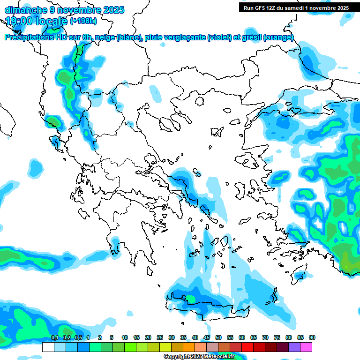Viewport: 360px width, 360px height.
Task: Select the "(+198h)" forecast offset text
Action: (83, 21)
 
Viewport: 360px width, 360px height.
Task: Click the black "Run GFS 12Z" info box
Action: (296, 7)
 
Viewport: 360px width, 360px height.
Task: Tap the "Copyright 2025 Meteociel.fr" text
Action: (199, 356)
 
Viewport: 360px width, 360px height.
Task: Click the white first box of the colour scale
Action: (48, 347)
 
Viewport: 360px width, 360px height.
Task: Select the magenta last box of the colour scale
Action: (306, 347)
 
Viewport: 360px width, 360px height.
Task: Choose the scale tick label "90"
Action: (312, 337)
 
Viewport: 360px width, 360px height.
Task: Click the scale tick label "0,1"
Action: (54, 337)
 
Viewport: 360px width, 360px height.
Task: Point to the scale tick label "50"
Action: (218, 337)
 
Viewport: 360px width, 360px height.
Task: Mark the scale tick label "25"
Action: (160, 337)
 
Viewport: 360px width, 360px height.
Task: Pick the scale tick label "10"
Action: (125, 337)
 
